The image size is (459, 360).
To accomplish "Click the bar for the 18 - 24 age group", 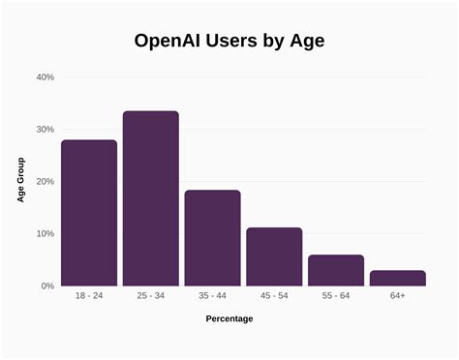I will click(x=89, y=213).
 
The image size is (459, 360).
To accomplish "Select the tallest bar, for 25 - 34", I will click(x=150, y=198).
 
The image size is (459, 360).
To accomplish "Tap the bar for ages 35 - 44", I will click(x=212, y=238).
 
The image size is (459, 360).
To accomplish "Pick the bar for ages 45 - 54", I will click(x=274, y=256).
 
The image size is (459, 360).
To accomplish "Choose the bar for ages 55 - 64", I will click(x=336, y=270).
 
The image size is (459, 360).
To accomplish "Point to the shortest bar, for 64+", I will click(x=397, y=278).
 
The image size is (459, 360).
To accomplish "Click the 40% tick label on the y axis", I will click(x=45, y=77).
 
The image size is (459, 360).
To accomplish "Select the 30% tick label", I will click(x=45, y=130).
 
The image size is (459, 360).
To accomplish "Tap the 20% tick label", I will click(x=45, y=182).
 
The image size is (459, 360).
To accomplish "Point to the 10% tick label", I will click(x=45, y=234).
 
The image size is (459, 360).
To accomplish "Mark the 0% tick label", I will click(x=46, y=286).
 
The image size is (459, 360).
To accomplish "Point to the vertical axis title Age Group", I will click(x=20, y=181).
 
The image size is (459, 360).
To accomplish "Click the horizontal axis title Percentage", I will click(x=229, y=318).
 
